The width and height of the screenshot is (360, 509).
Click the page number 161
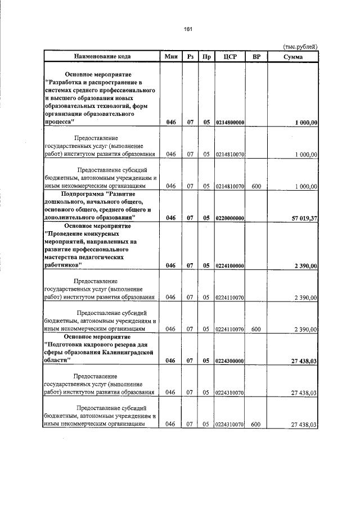pyautogui.click(x=188, y=29)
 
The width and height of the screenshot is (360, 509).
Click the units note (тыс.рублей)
pyautogui.click(x=300, y=46)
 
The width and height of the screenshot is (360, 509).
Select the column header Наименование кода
pyautogui.click(x=102, y=56)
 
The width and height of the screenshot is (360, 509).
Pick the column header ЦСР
pyautogui.click(x=229, y=56)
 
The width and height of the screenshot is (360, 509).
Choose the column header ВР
pyautogui.click(x=256, y=56)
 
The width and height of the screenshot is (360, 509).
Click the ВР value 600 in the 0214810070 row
pyautogui.click(x=256, y=186)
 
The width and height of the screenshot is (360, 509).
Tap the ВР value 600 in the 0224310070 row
pyautogui.click(x=256, y=425)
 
